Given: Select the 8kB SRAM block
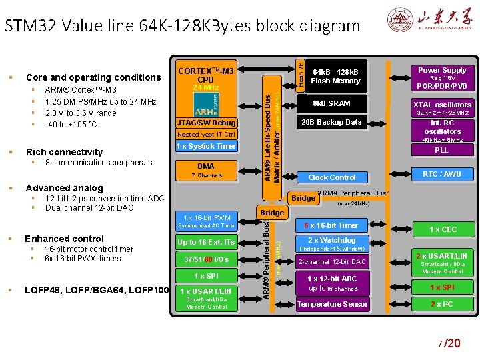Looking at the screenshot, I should tap(331, 104).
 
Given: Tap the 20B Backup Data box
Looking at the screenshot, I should tap(331, 123).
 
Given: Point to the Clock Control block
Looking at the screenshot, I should tap(332, 177).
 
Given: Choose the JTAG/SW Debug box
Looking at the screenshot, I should tap(206, 123).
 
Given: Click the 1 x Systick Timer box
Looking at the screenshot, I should tap(206, 146).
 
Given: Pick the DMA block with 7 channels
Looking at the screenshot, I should tap(206, 170).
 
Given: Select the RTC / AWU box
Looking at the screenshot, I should tap(442, 175).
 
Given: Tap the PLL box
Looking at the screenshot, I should tap(442, 151).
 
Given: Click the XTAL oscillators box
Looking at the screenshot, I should tap(442, 107).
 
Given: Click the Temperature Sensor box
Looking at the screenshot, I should tap(332, 305).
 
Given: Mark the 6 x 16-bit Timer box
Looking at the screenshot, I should tap(331, 225).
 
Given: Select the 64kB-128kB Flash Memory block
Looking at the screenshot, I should tap(335, 76).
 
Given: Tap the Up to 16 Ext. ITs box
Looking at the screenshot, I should tap(206, 242).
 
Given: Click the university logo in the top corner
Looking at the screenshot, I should tap(427, 19).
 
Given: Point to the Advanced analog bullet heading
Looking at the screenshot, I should tap(64, 188).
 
